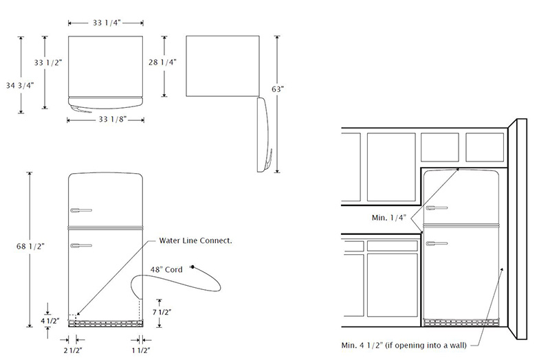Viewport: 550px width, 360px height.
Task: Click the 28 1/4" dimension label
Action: (x=162, y=62)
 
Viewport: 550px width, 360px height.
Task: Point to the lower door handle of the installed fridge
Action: (x=436, y=243)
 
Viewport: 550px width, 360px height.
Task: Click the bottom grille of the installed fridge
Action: (x=461, y=321)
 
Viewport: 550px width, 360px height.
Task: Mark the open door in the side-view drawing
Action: (x=264, y=135)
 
